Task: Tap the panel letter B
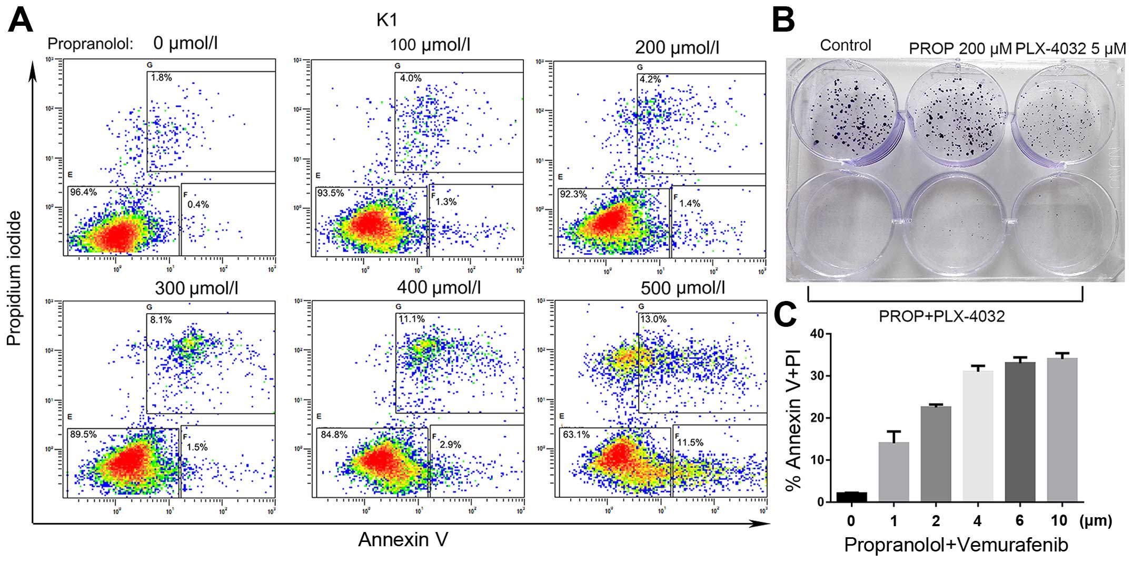pos(783,21)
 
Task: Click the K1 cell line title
pos(387,20)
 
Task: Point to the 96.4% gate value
pos(84,193)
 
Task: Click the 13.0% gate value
pos(653,319)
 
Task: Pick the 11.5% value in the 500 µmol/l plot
pos(690,443)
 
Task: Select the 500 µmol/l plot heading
pos(683,288)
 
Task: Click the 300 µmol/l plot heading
pos(196,288)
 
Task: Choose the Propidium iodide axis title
pos(14,278)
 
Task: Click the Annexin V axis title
pos(403,539)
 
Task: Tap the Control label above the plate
pos(846,45)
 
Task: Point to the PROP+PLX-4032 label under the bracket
pos(942,316)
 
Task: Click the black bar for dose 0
pos(851,497)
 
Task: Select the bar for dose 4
pos(978,436)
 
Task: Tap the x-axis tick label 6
pos(1020,520)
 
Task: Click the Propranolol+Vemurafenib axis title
pos(956,545)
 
